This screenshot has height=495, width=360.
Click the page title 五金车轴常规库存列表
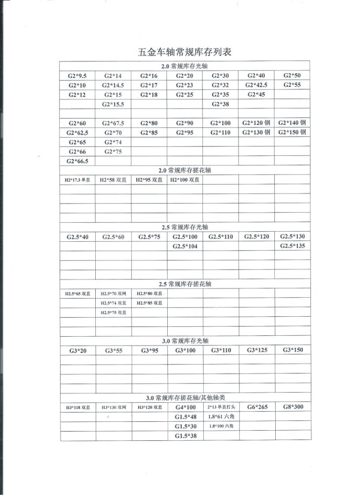(x=185, y=52)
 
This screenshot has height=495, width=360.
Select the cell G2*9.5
(x=77, y=75)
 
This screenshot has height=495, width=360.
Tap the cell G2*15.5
(x=113, y=104)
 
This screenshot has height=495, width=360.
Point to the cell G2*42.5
(x=256, y=85)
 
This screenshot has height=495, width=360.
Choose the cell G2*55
(x=292, y=85)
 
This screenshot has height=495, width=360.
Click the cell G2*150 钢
(x=292, y=132)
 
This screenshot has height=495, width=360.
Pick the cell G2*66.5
(x=77, y=161)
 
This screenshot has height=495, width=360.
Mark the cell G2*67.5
(x=113, y=123)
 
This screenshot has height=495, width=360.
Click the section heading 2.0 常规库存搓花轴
(x=185, y=170)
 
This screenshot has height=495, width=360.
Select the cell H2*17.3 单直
(x=77, y=180)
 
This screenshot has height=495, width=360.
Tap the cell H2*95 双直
(x=149, y=180)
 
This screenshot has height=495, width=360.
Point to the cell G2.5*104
(x=185, y=246)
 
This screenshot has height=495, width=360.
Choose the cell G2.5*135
(x=292, y=246)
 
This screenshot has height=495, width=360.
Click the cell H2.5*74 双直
(x=113, y=303)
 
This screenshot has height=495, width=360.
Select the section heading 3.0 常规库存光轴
(x=185, y=341)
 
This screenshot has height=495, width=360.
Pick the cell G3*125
(x=256, y=350)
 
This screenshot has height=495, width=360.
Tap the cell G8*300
(x=292, y=407)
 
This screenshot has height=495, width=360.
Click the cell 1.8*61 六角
(x=221, y=417)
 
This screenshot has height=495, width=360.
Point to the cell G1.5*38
(x=185, y=436)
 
